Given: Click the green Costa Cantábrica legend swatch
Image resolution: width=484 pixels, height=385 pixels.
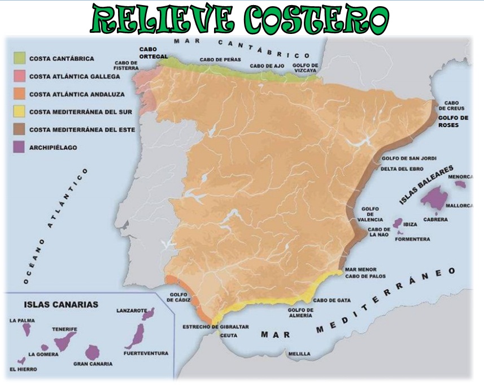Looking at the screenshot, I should (x=20, y=58).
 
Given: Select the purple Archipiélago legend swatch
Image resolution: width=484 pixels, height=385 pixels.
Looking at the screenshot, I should (x=20, y=148).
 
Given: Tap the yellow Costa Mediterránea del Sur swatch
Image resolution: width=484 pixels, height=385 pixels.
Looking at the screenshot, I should (x=20, y=112).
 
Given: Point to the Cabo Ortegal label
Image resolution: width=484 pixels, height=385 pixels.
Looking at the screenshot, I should (x=154, y=53).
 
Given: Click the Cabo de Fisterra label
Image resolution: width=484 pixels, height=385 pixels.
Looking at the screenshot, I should (x=128, y=66).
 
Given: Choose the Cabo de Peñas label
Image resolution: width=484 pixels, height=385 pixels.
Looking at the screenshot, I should (x=220, y=59).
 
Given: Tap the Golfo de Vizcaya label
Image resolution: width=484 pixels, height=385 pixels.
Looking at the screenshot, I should (x=306, y=68).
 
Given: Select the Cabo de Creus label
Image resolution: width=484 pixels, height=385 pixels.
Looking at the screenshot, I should (x=455, y=106).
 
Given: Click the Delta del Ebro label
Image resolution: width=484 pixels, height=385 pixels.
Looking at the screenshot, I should (x=402, y=168).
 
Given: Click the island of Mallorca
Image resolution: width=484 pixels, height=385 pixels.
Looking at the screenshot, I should (x=434, y=198).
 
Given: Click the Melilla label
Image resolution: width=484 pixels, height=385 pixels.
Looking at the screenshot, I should (x=299, y=354).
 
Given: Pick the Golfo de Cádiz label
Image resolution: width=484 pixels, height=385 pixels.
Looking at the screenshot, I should (x=180, y=298).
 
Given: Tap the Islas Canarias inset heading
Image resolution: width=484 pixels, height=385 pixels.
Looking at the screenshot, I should (x=61, y=304).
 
